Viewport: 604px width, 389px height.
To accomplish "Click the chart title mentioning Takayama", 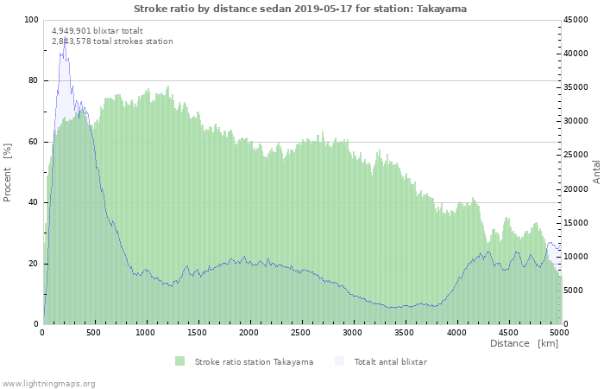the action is coord(300,9).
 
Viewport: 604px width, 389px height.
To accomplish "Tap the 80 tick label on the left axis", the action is coord(33,80).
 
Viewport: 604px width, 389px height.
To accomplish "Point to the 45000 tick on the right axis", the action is coord(576,20).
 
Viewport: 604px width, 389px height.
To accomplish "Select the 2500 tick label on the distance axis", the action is coord(300,332).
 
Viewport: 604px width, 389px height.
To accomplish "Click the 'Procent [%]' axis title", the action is coord(7,173).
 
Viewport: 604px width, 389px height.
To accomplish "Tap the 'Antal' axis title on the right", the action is coord(596,172).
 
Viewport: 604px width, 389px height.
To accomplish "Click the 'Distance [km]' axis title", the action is coord(524,343).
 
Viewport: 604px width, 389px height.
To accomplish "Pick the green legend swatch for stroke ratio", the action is coord(179,361).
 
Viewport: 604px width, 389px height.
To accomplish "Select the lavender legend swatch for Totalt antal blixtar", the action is coord(339,361).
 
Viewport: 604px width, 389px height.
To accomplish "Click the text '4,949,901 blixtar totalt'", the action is coord(98,31).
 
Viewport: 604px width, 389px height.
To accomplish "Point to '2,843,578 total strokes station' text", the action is coord(112,41).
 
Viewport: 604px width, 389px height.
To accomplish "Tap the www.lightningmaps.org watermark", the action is coord(48,384).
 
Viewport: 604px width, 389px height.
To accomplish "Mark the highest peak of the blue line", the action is coord(65,37).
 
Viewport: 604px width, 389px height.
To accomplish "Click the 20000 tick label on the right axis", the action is coord(576,189).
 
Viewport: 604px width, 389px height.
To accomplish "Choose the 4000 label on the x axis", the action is coord(456,332).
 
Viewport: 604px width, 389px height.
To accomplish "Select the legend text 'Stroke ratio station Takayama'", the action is coord(254,362).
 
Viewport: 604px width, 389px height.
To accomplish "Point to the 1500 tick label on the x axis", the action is coord(198,332).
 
